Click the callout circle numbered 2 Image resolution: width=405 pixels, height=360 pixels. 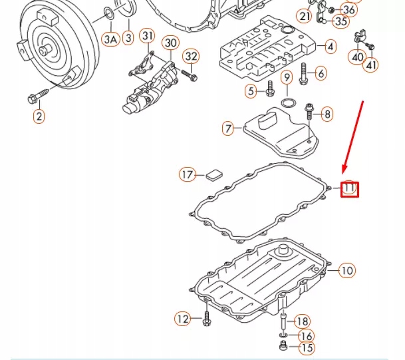[39, 117]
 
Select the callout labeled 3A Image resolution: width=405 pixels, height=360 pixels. [111, 39]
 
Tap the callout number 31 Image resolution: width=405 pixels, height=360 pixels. [147, 35]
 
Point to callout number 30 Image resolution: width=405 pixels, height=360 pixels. [171, 43]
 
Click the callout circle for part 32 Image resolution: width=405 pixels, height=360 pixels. [191, 56]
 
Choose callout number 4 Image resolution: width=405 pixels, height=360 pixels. [330, 47]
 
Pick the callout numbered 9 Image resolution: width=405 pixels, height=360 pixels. [287, 78]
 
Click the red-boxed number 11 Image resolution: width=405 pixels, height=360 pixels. [350, 189]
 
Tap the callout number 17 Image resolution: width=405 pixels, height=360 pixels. [188, 175]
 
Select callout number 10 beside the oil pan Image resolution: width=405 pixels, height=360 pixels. [346, 271]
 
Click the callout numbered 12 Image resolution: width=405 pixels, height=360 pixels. [183, 320]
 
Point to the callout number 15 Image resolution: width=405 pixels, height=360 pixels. [307, 348]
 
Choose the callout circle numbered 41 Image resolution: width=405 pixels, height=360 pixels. [370, 65]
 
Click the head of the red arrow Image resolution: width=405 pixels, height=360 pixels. [343, 172]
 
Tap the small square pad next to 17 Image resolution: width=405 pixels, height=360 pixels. [213, 175]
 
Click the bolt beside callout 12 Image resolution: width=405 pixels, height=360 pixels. [206, 320]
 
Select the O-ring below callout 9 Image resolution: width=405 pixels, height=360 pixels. [287, 104]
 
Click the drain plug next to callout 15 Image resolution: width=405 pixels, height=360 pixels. [283, 347]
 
